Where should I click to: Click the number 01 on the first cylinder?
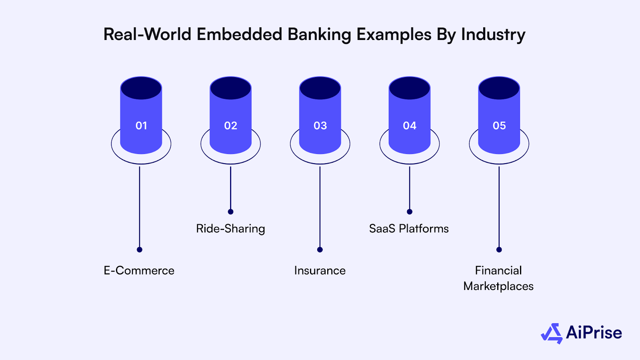[x=141, y=126]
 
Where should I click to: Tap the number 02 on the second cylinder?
[x=231, y=126]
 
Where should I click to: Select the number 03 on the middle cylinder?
[x=320, y=126]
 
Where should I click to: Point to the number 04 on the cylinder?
[x=410, y=126]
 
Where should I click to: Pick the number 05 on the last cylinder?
[x=499, y=126]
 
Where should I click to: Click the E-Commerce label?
[x=139, y=271]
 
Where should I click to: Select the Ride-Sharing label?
[x=230, y=229]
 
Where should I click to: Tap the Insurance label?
[x=320, y=271]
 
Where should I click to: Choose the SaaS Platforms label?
[x=409, y=229]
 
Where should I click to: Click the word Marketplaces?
[x=498, y=286]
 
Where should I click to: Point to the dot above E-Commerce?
[x=140, y=250]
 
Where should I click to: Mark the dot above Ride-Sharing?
[x=230, y=212]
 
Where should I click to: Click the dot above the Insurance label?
[x=320, y=250]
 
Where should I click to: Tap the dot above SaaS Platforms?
[x=410, y=212]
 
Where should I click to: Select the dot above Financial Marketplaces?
[x=499, y=250]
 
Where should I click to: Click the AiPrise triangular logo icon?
[x=552, y=334]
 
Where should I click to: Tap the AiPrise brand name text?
[x=594, y=333]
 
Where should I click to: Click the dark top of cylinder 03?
[x=320, y=88]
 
